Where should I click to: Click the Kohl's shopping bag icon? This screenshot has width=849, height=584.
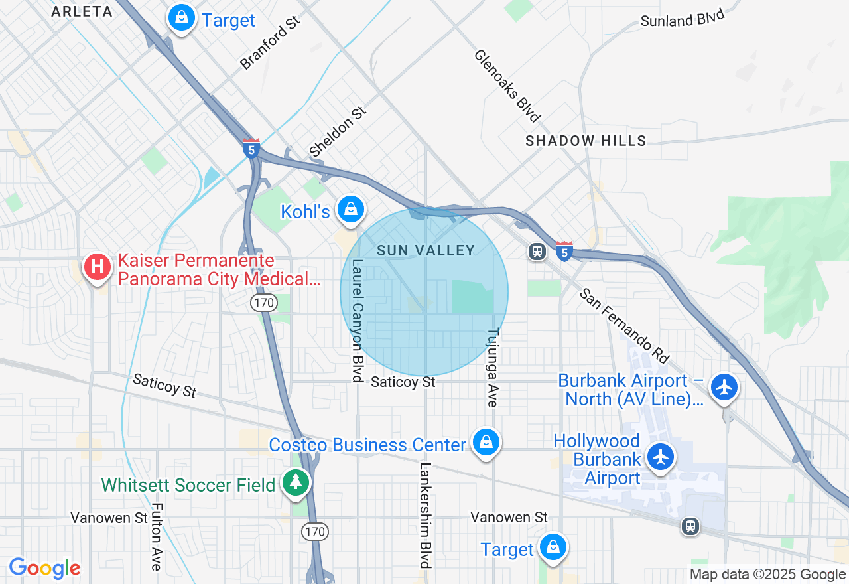351,209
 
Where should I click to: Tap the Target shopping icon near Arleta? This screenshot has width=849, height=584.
181,18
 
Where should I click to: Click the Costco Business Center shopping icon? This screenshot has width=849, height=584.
486,442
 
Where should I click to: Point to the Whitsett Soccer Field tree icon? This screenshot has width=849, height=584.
295,482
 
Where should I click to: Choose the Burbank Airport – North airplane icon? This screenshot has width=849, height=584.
724,386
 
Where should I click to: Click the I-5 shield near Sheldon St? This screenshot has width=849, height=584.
251,147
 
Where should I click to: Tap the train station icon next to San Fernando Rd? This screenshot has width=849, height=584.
537,251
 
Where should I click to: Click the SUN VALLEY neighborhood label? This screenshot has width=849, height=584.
426,250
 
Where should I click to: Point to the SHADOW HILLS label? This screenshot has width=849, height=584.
586,141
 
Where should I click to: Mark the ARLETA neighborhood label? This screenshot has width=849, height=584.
82,11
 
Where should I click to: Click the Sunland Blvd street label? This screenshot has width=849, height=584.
683,19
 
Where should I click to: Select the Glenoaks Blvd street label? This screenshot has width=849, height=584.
507,86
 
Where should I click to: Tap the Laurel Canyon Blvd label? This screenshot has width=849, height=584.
358,321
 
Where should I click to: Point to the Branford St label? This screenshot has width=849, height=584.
271,43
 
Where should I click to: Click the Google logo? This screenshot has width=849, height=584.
44,569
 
